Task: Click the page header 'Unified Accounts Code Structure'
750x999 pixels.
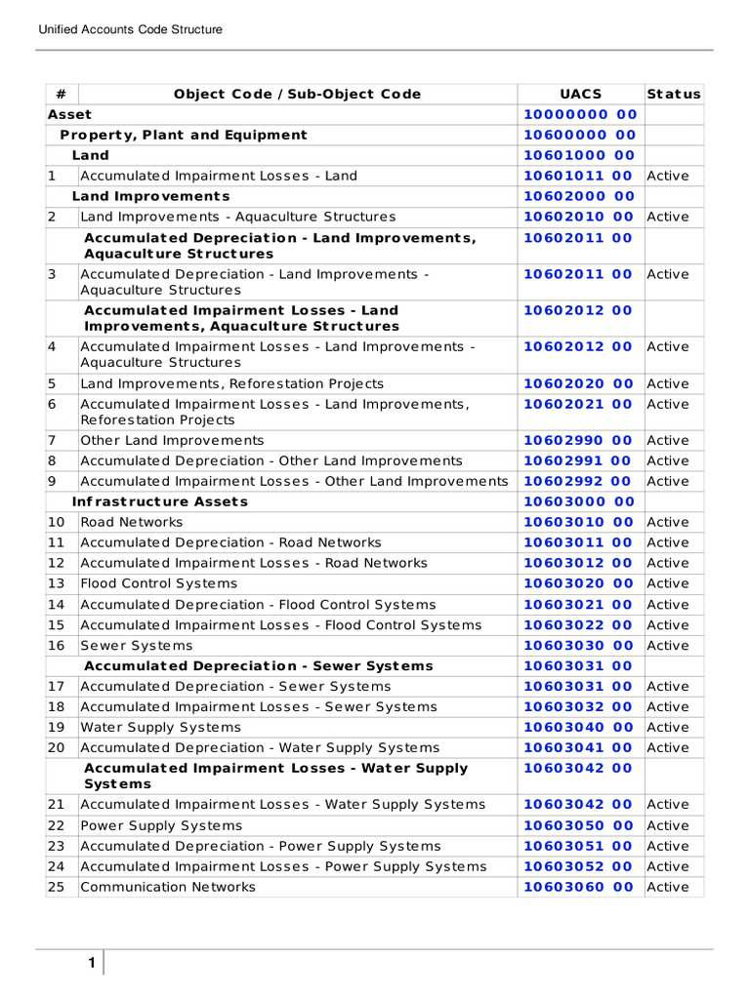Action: click(130, 29)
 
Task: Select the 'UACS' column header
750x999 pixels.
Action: click(579, 94)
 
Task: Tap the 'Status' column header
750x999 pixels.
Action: click(674, 94)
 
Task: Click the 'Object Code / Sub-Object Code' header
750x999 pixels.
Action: click(297, 94)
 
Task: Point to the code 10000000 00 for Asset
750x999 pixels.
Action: click(579, 114)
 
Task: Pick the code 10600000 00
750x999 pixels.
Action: click(579, 135)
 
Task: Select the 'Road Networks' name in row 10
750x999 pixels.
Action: click(131, 522)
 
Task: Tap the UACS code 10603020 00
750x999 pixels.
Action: click(579, 583)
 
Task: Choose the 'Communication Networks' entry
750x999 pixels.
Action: click(168, 887)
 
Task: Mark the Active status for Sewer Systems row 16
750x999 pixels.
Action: click(668, 645)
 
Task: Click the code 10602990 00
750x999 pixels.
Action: click(579, 440)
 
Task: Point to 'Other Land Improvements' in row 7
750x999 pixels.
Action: click(172, 440)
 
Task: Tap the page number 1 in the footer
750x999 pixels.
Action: click(91, 964)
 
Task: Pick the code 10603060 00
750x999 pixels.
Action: click(579, 887)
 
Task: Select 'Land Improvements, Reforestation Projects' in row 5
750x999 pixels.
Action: click(231, 383)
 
